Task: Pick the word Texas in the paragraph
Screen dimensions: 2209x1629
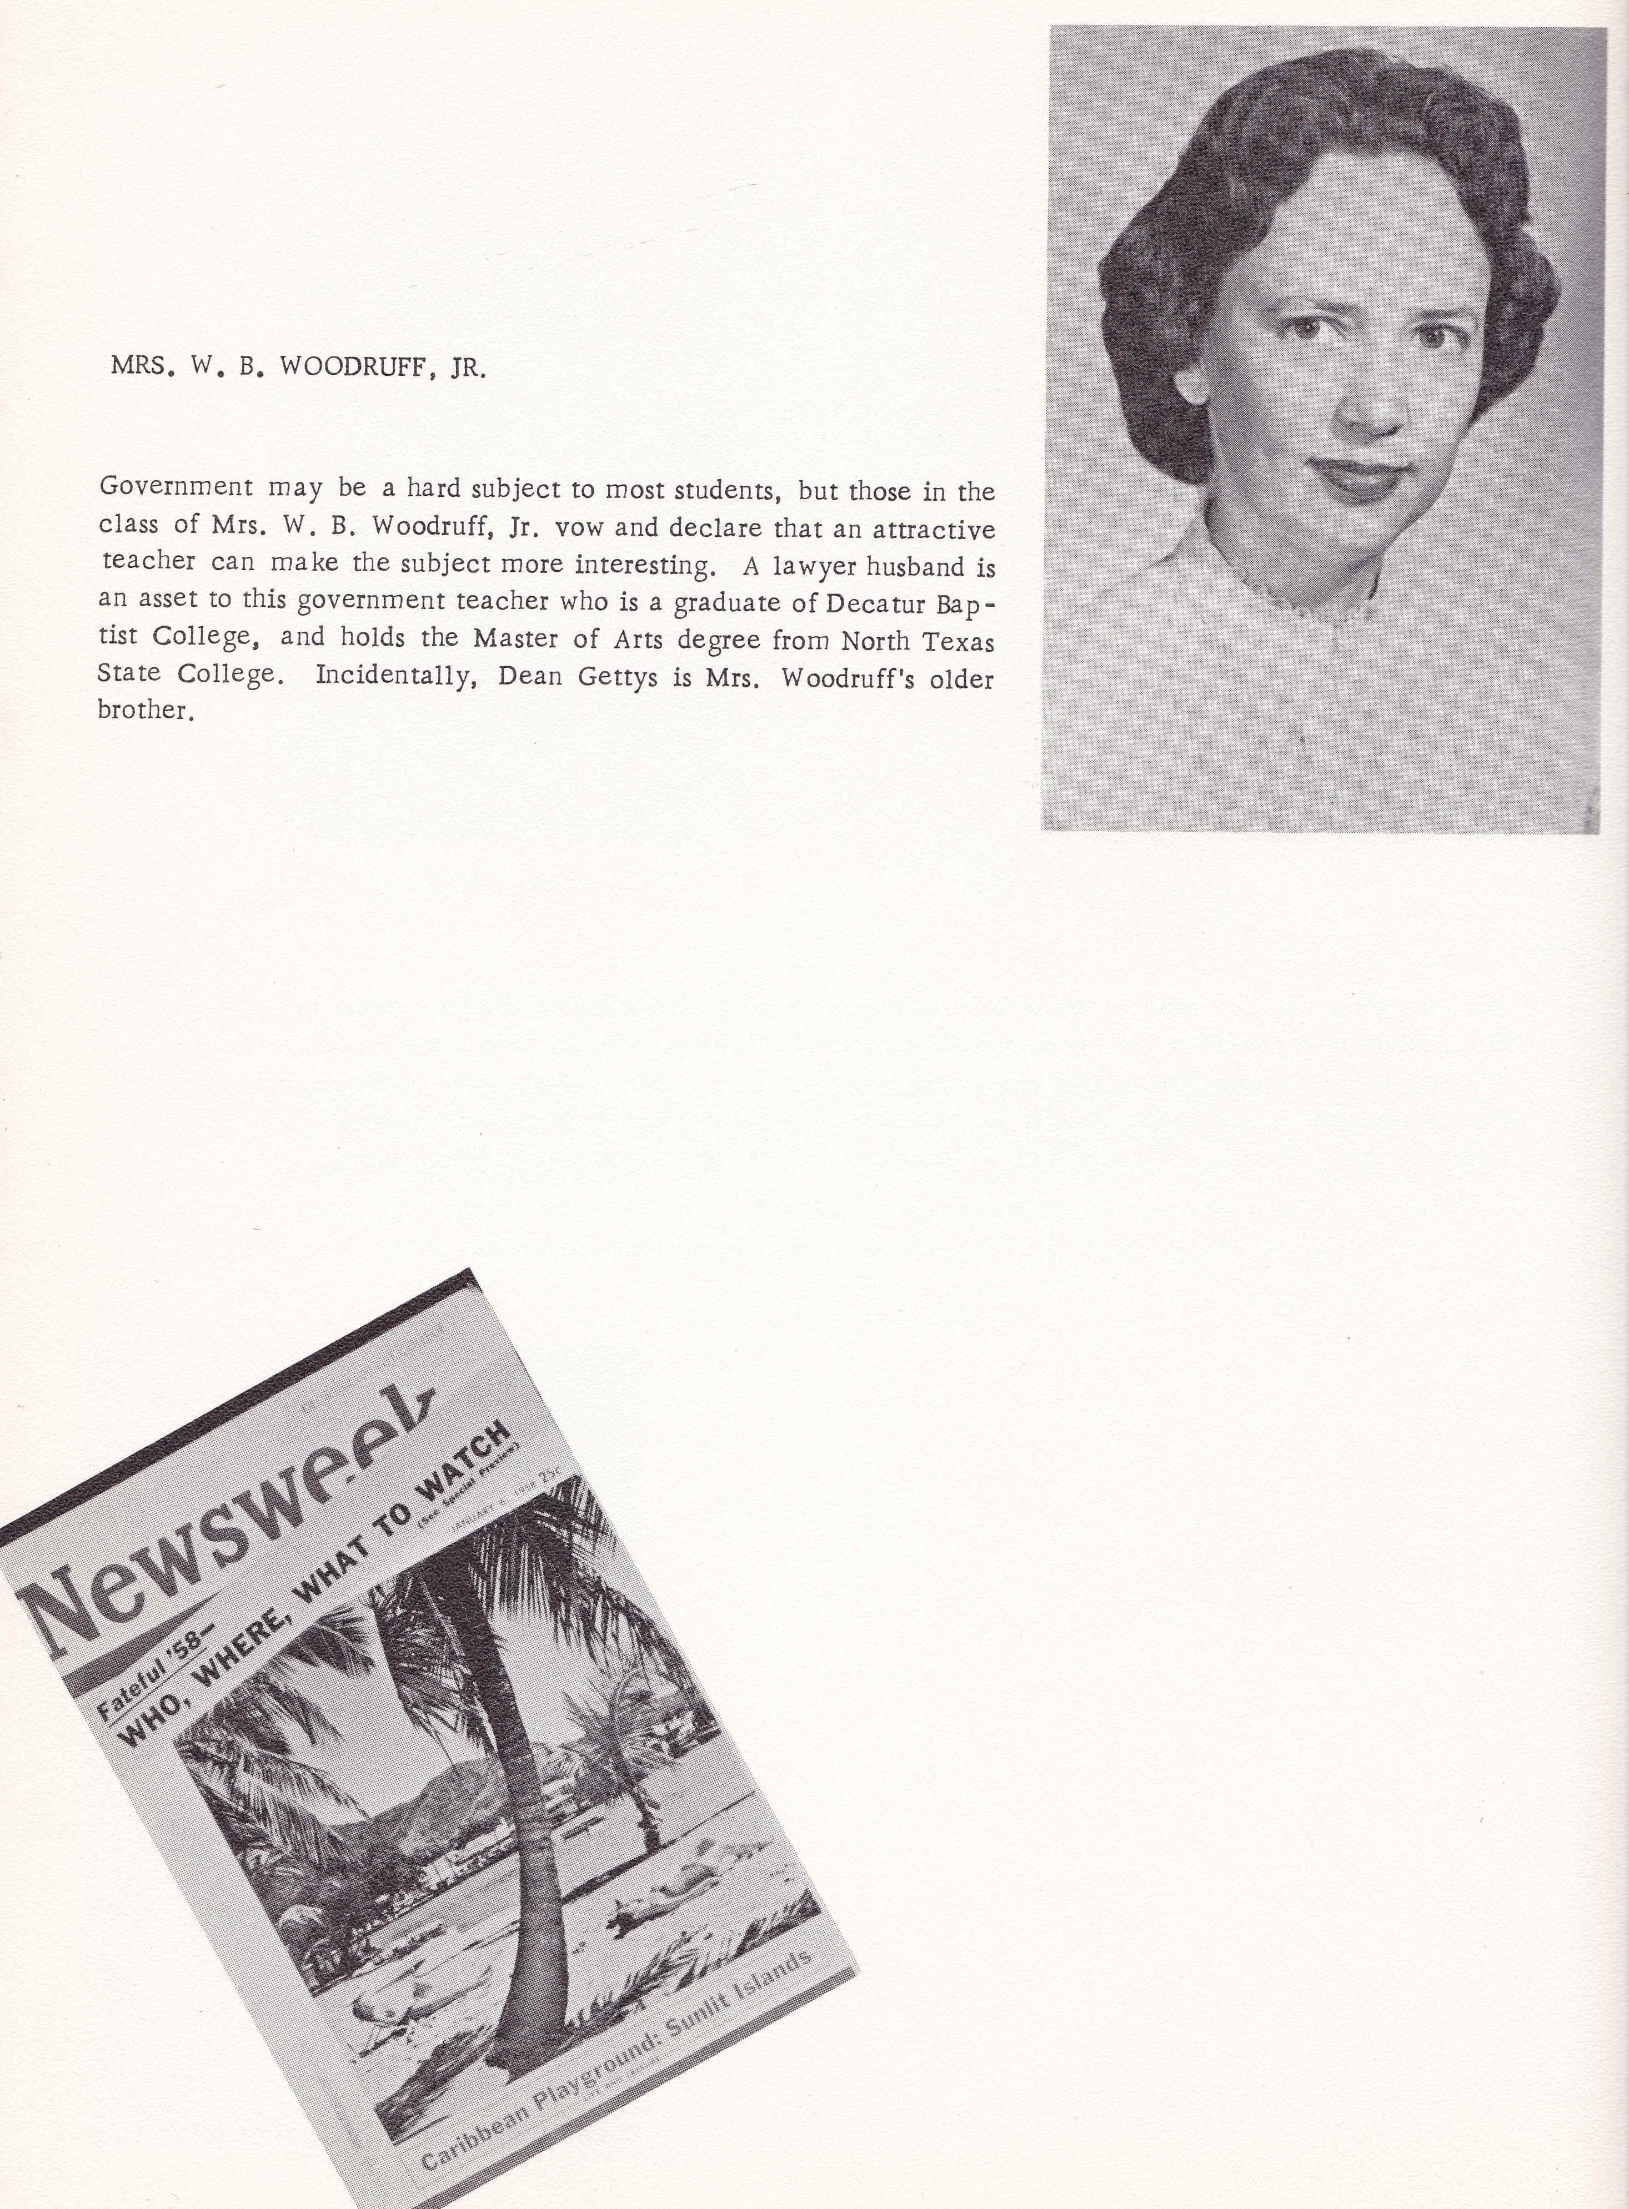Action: [x=958, y=641]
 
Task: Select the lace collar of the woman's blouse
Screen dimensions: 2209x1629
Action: [x=1306, y=596]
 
